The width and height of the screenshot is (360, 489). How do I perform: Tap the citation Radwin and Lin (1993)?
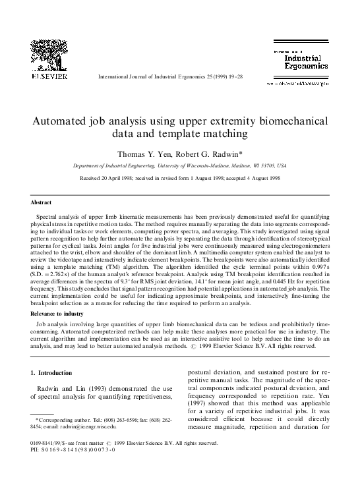pos(73,389)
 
